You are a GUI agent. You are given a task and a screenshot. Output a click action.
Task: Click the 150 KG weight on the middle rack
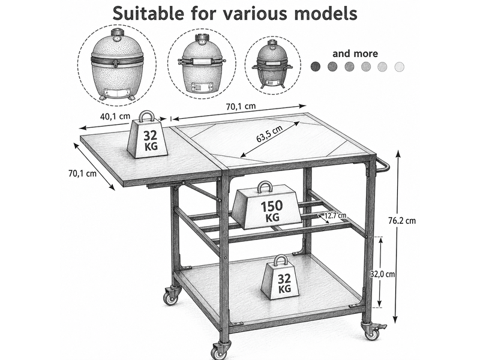[x=266, y=206]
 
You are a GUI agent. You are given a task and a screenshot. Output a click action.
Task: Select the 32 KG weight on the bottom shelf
[x=280, y=278]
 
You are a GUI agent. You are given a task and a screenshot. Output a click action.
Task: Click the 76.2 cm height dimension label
[x=402, y=220]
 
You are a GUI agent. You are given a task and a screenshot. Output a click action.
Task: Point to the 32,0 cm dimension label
[x=382, y=274]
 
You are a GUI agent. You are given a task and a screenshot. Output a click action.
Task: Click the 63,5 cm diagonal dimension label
[x=269, y=134]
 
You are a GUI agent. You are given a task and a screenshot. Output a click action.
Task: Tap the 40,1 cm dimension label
[x=115, y=116]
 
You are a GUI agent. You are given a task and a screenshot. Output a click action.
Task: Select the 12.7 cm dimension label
[x=335, y=215]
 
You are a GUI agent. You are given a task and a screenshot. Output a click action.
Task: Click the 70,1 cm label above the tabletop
[x=241, y=106]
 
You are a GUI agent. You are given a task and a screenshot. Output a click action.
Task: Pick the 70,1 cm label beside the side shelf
[x=82, y=173]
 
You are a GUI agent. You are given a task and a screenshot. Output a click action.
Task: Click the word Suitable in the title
[x=148, y=13]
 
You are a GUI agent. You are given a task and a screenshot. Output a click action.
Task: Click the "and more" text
[x=355, y=53]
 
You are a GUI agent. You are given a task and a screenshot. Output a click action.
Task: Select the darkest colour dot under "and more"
[x=316, y=67]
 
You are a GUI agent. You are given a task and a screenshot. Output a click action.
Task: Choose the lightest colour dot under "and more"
[x=399, y=67]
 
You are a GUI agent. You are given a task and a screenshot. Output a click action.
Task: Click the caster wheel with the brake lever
[x=373, y=330]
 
